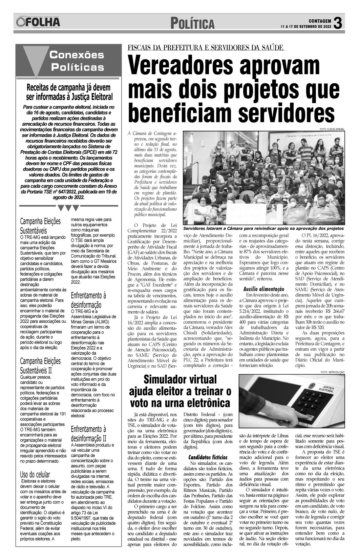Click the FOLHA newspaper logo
[x=38, y=22]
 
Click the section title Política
[x=192, y=24]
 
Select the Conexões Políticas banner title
[x=77, y=61]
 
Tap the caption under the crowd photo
[x=263, y=228]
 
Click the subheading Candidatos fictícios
[x=208, y=457]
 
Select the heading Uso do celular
[x=35, y=475]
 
